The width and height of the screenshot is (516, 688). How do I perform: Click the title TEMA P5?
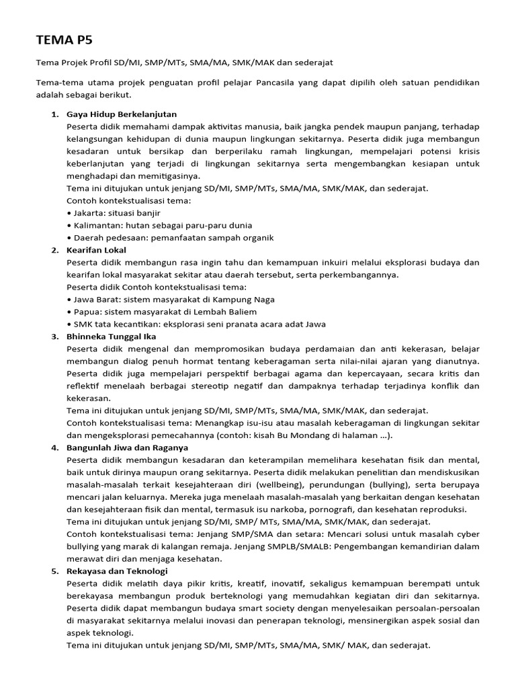(x=64, y=40)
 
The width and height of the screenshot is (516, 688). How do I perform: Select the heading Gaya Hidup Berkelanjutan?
(x=122, y=114)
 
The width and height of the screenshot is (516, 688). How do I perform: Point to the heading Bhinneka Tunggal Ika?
(x=112, y=337)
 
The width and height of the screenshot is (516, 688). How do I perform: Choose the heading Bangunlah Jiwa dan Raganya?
(x=127, y=447)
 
